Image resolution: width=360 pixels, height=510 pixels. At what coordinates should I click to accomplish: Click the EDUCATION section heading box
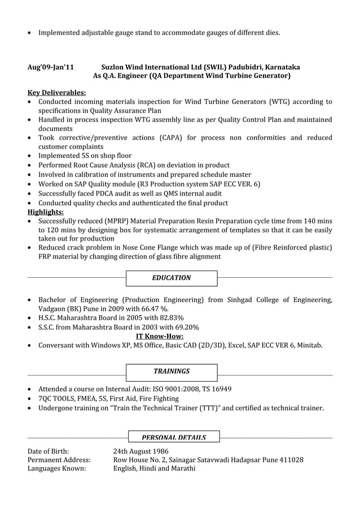tap(172, 278)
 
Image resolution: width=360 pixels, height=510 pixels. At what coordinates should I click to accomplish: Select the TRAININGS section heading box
tap(172, 372)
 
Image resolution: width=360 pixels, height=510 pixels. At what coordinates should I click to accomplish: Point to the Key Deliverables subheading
tap(57, 93)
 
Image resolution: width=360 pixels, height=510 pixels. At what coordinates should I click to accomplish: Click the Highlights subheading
tap(46, 212)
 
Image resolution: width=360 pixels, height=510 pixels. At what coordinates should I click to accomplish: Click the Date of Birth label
tap(49, 451)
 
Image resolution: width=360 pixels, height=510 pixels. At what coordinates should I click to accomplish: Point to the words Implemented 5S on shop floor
tap(85, 155)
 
